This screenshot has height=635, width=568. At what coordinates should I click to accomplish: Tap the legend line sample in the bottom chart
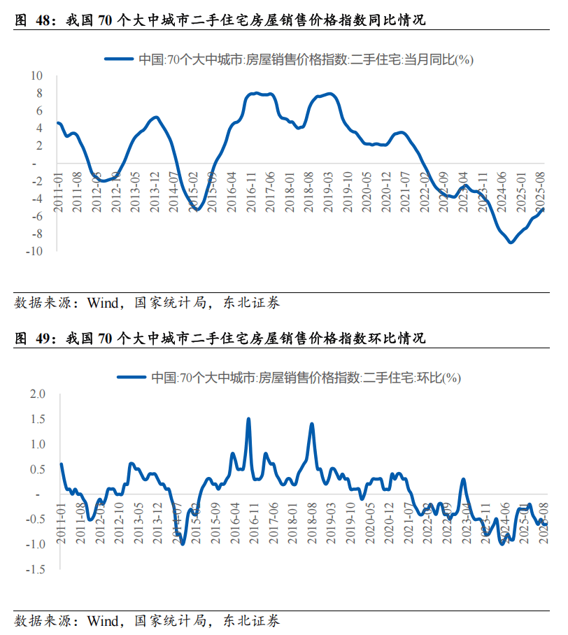click(x=132, y=378)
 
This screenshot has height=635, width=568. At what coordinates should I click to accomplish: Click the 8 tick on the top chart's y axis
click(x=39, y=93)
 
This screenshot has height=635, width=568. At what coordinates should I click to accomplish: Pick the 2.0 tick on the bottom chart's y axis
click(x=38, y=394)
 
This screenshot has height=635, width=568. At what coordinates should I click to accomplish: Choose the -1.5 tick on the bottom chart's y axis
click(x=36, y=569)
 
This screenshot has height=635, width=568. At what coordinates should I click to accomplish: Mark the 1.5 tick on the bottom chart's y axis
click(x=38, y=419)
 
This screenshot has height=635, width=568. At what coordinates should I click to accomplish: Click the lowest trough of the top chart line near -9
click(x=511, y=242)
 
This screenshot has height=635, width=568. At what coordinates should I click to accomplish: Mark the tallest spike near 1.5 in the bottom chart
click(x=249, y=419)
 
